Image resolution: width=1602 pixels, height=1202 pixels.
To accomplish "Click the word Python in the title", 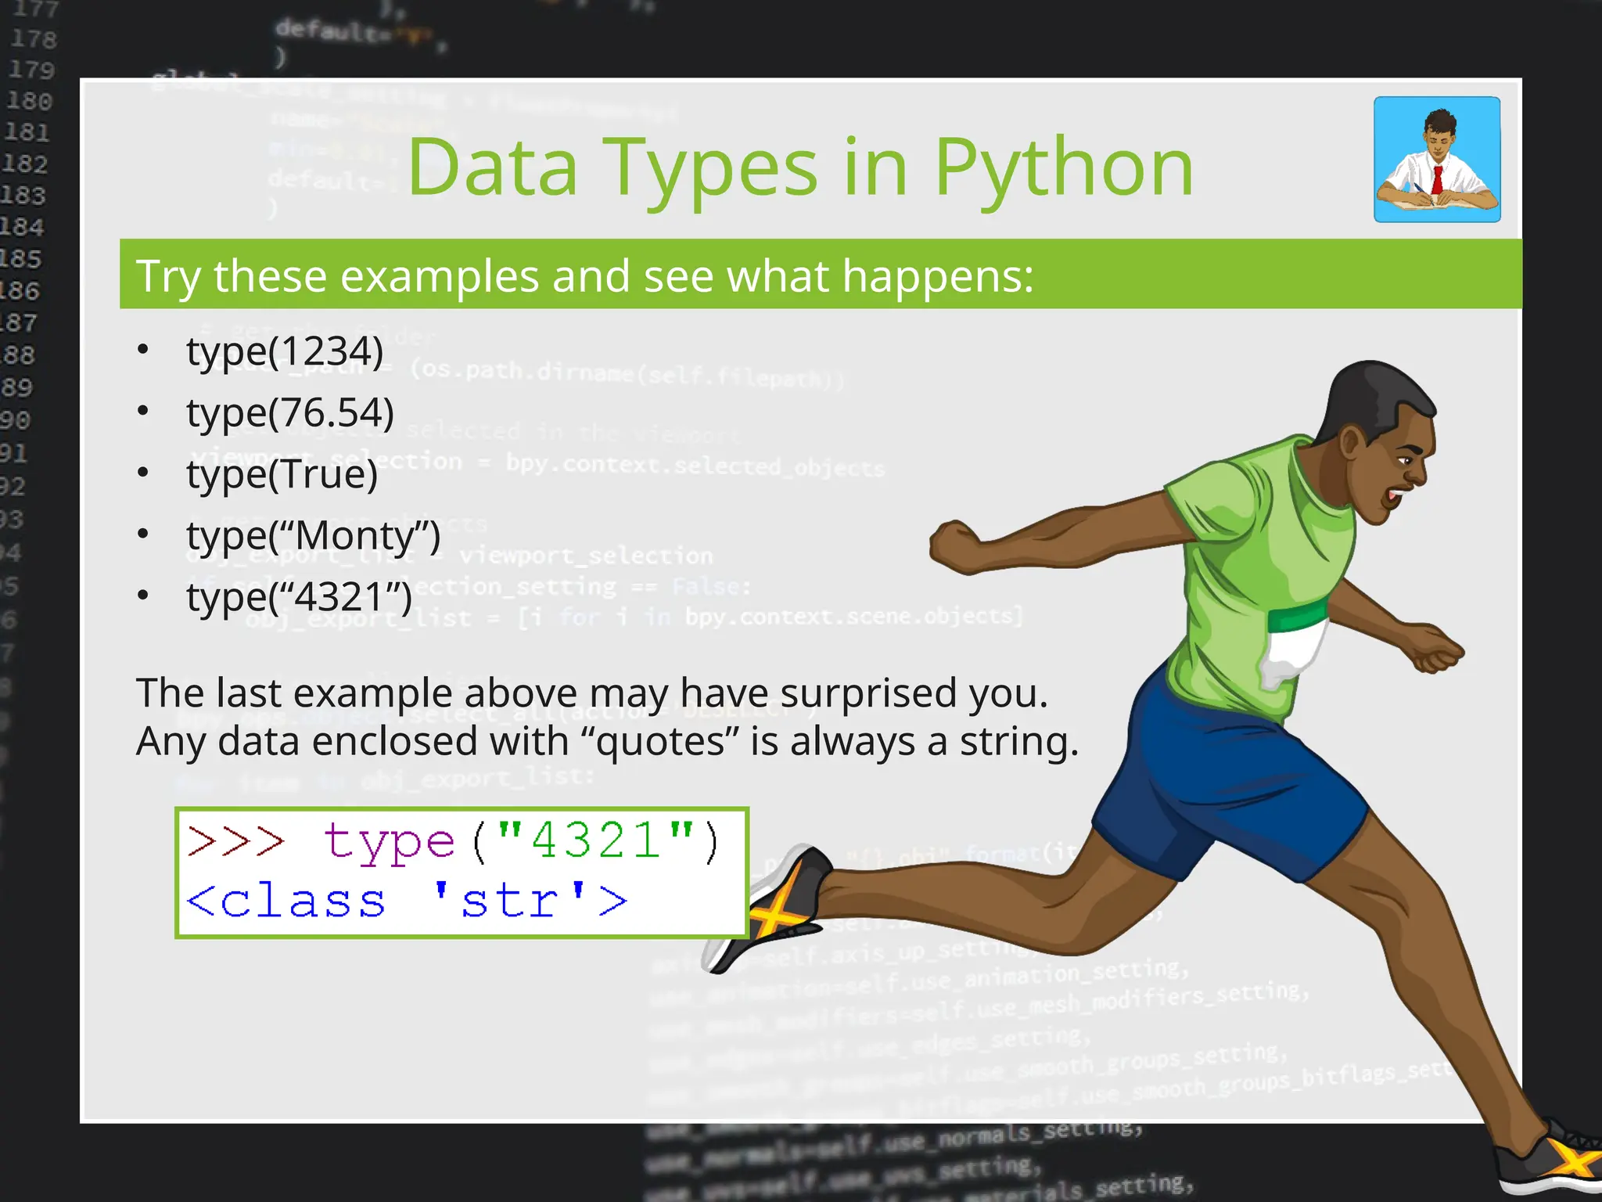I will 1064,168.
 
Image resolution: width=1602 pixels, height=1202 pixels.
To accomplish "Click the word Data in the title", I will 493,168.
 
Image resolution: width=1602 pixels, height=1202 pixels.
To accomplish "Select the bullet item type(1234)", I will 285,351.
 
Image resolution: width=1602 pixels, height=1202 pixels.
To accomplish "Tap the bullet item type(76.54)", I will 289,413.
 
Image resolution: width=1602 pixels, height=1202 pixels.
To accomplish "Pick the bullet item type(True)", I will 282,474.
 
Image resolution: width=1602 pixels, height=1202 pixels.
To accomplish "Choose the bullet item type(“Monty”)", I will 313,536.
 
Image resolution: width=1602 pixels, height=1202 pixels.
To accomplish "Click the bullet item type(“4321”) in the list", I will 299,597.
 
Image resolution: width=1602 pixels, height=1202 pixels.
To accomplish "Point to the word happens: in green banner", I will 938,277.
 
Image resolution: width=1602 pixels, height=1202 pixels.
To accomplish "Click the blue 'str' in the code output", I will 508,901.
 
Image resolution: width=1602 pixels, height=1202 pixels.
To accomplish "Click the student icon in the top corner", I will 1437,160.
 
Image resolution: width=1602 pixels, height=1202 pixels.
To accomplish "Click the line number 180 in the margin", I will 30,102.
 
